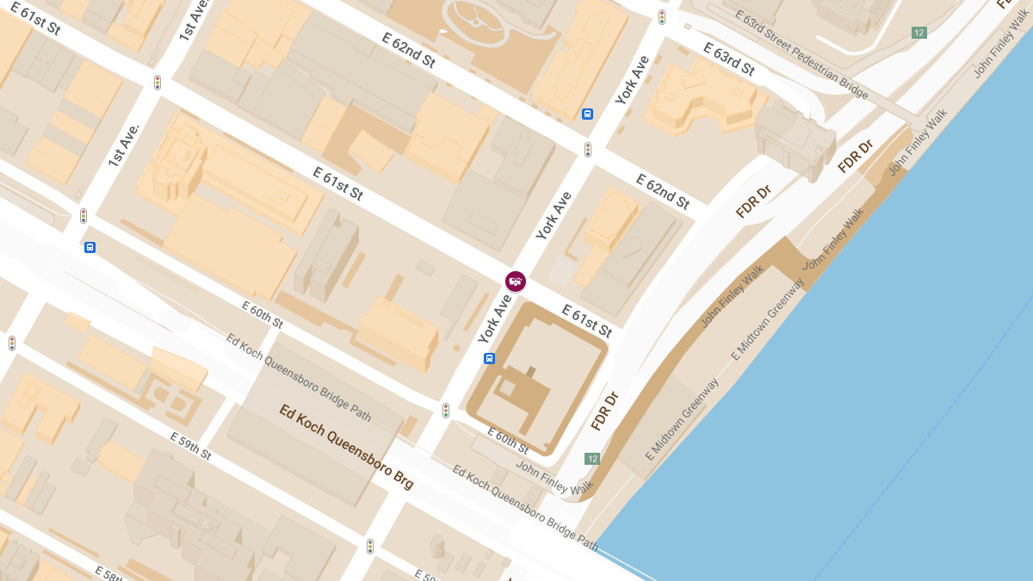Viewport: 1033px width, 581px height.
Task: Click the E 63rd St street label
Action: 728,59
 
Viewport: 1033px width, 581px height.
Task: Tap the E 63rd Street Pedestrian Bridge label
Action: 801,54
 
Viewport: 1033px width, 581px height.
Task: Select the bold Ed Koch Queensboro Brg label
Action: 346,447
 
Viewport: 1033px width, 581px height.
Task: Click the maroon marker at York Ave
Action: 516,281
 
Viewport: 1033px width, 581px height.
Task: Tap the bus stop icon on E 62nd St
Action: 588,114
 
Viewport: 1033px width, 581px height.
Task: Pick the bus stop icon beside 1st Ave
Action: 90,248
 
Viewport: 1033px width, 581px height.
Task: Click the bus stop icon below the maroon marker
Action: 489,358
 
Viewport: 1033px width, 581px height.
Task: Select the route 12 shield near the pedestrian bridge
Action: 919,33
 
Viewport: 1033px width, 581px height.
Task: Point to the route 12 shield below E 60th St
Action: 592,459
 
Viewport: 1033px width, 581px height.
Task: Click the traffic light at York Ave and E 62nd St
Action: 588,150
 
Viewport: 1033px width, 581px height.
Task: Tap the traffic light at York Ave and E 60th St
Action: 446,411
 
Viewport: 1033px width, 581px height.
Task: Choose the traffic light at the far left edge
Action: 12,343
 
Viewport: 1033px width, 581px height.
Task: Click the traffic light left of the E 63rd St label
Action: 662,17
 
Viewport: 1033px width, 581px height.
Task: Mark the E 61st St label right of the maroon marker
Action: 586,320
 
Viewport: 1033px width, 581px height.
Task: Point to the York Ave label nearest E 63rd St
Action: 633,80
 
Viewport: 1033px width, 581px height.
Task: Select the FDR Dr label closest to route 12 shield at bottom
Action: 605,411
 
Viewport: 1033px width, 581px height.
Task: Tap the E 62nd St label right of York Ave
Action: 663,191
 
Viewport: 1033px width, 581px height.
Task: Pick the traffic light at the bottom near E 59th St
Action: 370,546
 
